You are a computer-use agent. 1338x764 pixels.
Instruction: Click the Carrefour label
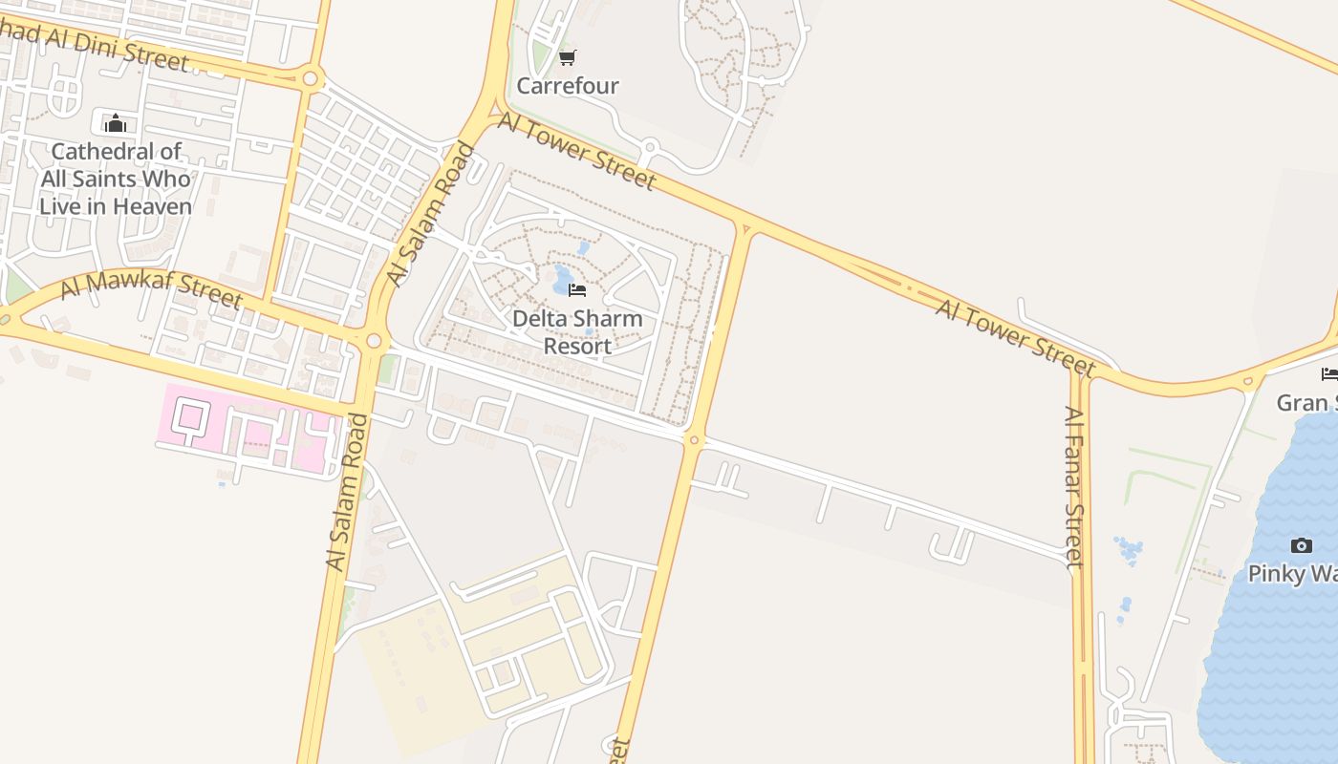click(568, 86)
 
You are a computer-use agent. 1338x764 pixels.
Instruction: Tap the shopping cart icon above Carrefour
click(568, 58)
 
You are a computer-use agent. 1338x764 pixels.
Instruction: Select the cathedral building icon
click(116, 123)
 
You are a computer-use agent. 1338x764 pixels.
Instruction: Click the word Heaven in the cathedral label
click(154, 206)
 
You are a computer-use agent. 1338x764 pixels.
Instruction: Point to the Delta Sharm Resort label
click(577, 331)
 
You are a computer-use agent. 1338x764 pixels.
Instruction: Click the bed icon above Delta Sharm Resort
click(577, 289)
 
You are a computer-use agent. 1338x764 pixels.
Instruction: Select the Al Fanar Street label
click(1075, 487)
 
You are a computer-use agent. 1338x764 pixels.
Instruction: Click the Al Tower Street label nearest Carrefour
click(577, 151)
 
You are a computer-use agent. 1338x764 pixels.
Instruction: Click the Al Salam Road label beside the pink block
click(345, 492)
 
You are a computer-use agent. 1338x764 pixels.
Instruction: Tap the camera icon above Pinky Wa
click(1301, 546)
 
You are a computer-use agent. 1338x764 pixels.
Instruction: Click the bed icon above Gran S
click(1328, 373)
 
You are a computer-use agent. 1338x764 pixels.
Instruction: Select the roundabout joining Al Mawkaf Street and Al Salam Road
click(373, 341)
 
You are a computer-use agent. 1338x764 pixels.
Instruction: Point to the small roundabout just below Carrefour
click(650, 148)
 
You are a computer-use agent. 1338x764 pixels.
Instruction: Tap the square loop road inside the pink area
click(193, 416)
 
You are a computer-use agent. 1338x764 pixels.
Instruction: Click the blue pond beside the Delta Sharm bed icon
click(562, 280)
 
